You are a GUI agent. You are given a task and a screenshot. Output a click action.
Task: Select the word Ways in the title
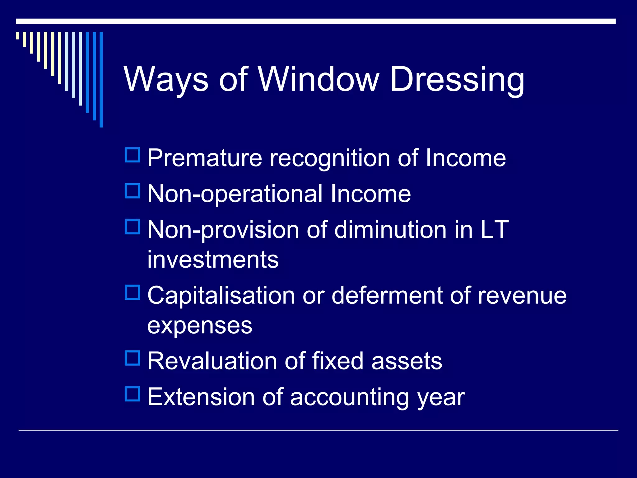coord(166,80)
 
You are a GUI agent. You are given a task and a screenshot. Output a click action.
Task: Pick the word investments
coord(213,260)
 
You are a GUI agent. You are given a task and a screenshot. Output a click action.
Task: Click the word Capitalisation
coord(221,296)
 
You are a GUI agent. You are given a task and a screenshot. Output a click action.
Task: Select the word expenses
coord(200,326)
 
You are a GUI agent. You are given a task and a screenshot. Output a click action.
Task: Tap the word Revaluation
coord(212,361)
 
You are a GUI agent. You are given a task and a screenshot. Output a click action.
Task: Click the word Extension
coord(201,397)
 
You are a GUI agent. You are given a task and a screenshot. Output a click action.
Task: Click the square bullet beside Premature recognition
coord(133,155)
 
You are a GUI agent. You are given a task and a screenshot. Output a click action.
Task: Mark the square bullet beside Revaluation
coord(133,358)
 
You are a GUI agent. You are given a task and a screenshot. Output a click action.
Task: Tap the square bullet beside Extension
coord(133,394)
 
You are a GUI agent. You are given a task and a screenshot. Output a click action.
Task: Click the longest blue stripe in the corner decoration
coord(101,79)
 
